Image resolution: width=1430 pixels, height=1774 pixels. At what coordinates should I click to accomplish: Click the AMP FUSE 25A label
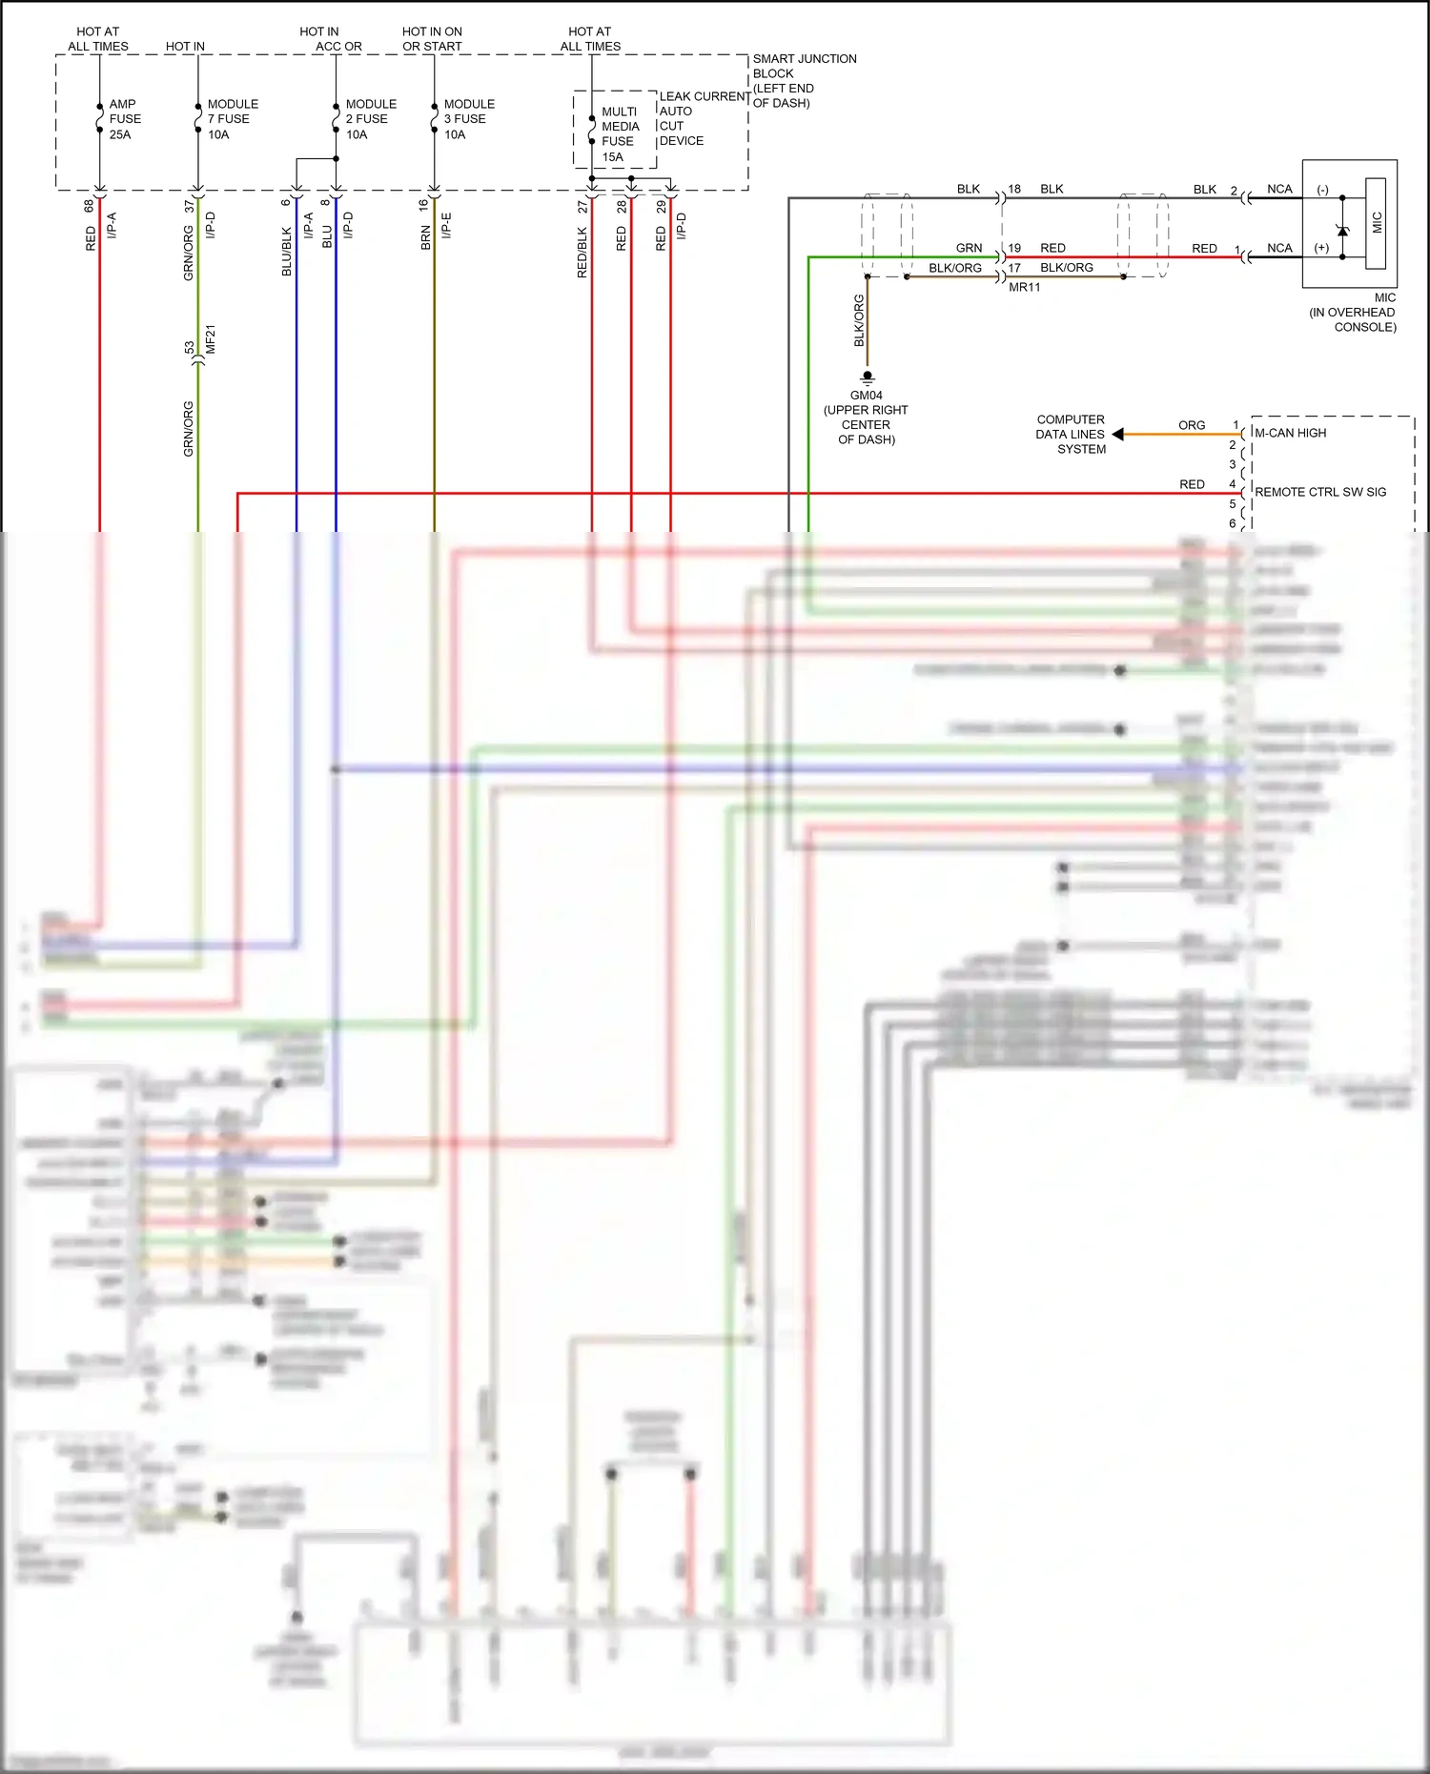124,119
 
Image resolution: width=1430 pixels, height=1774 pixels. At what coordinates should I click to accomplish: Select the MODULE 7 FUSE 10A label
232,119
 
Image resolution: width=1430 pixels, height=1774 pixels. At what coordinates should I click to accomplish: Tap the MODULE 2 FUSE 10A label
370,119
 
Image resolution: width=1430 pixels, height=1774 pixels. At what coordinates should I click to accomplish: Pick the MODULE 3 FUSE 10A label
468,119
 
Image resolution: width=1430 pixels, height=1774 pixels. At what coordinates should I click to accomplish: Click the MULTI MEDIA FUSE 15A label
619,134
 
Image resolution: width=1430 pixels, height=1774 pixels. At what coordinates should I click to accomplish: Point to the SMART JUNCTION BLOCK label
804,81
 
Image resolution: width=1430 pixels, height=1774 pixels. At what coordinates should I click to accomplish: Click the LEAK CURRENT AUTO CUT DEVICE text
704,118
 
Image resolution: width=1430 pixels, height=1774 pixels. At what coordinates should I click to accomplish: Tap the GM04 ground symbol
867,377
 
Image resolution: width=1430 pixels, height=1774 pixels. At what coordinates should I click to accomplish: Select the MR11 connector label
1024,287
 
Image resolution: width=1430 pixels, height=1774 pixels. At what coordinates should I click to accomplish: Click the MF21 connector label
211,339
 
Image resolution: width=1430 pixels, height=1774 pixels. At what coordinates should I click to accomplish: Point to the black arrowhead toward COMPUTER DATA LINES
1118,435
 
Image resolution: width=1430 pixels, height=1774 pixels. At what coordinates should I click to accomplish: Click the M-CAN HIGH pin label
1290,433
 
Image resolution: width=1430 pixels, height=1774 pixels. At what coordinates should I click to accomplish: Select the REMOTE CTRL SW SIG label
1319,492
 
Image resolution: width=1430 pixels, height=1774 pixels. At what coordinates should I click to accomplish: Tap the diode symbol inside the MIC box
1342,230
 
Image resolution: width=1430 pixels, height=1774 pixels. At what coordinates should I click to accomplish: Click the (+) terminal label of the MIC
1321,248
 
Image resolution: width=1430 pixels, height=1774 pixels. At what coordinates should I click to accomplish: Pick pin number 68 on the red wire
90,205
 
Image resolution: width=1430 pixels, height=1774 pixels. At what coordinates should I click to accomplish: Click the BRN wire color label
425,238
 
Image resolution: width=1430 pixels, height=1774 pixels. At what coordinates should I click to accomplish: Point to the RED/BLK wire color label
582,253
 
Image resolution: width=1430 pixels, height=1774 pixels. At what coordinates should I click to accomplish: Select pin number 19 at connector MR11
1014,248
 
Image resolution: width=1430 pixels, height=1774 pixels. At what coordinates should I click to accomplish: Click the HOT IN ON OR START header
432,39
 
